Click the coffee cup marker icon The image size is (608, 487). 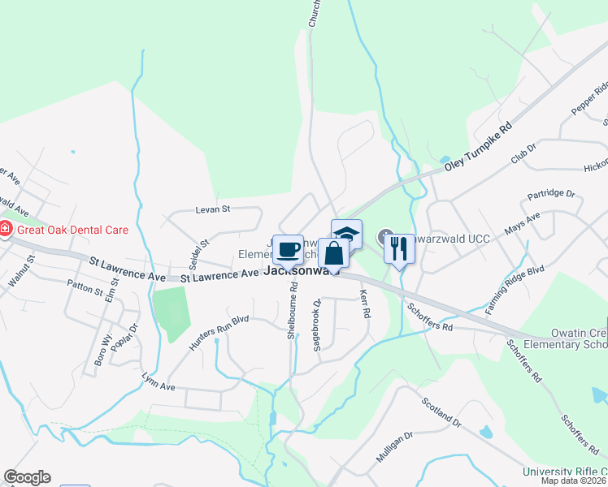click(288, 248)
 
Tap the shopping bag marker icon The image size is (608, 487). click(333, 252)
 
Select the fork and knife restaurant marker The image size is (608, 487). click(398, 246)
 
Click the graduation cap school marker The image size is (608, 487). click(346, 233)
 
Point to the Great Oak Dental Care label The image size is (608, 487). click(72, 230)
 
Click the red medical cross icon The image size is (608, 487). click(6, 230)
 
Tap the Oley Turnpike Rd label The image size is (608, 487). click(480, 148)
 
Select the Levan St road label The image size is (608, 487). click(213, 209)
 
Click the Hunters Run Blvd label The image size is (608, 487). click(219, 331)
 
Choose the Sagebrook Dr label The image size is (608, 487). click(318, 325)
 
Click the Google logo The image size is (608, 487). click(27, 477)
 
